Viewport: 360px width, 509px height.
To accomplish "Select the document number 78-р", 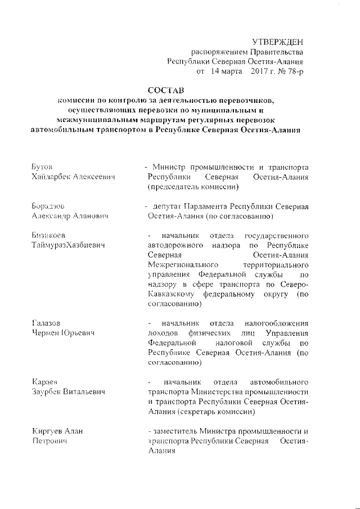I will point(295,71).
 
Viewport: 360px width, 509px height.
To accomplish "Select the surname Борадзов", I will point(50,206).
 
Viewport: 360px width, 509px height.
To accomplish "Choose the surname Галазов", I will point(49,323).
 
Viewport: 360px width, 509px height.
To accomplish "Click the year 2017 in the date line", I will point(262,71).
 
